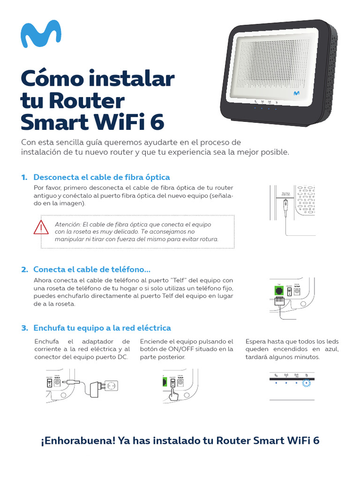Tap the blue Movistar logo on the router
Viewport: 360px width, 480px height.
(x=296, y=93)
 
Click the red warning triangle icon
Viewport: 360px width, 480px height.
(x=41, y=227)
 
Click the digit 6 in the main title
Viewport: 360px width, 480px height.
(x=157, y=122)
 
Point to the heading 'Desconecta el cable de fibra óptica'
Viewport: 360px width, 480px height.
(x=101, y=177)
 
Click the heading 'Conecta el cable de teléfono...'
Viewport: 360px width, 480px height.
(x=92, y=270)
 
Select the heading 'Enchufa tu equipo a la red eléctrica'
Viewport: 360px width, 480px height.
(x=102, y=328)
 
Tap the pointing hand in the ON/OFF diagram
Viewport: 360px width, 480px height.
(x=174, y=394)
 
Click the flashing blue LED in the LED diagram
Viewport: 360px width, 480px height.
(x=307, y=383)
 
